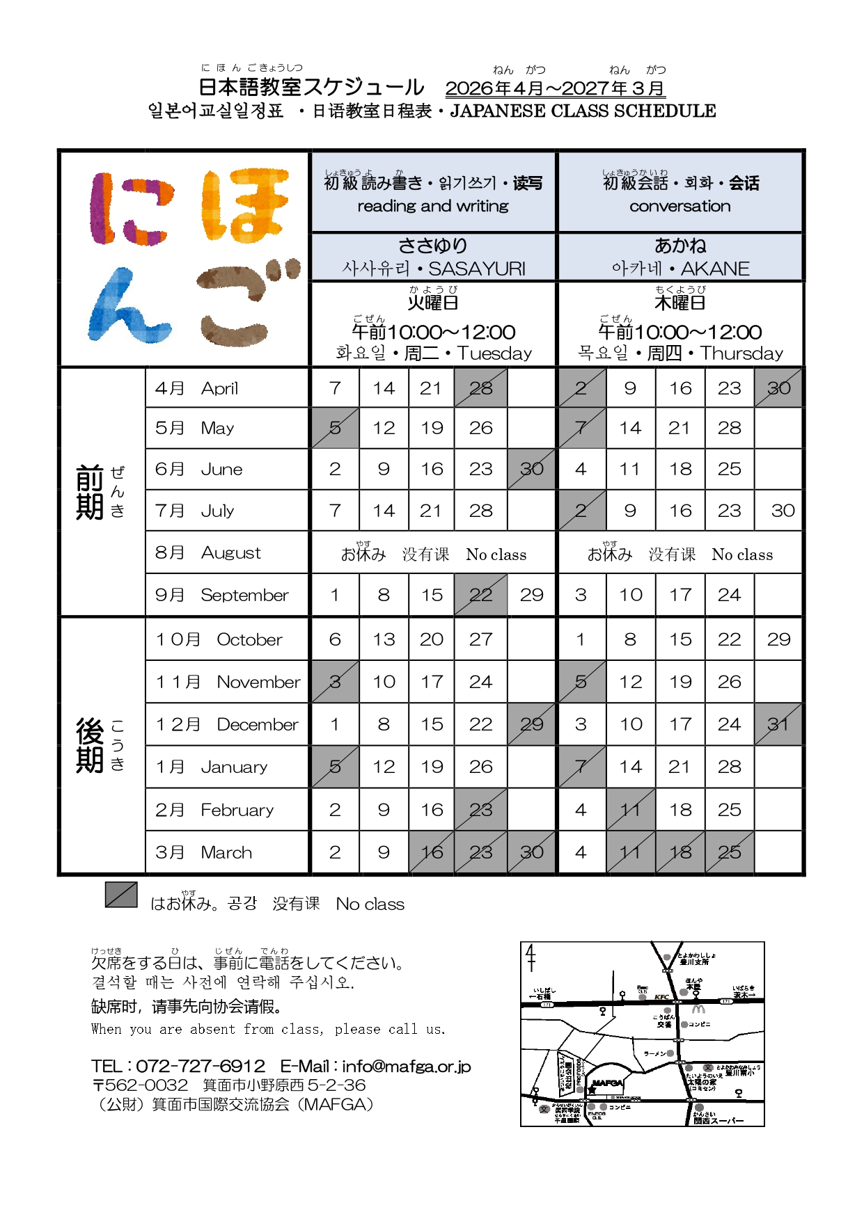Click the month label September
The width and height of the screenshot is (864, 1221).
[x=244, y=595]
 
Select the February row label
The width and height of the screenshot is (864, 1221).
[x=237, y=810]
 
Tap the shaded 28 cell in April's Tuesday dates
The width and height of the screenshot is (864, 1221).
[x=480, y=388]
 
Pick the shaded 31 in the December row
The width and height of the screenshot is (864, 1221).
[x=778, y=724]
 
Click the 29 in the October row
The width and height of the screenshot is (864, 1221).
[x=778, y=639]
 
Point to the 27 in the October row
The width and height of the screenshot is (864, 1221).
[x=480, y=639]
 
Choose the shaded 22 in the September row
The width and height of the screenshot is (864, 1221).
[x=480, y=595]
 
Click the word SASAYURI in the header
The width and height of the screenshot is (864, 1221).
[x=477, y=269]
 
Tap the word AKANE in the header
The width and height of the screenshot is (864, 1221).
[x=715, y=269]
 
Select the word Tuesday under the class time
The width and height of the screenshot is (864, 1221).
[x=494, y=353]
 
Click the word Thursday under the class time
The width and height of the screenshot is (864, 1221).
[x=741, y=353]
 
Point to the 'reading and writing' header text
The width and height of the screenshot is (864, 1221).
[x=433, y=206]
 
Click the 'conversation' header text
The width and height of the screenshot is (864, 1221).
[x=680, y=206]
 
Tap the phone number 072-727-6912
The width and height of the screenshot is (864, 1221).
[x=201, y=1066]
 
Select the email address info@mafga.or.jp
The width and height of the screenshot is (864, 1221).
[x=407, y=1066]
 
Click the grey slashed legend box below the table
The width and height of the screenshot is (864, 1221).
[x=121, y=895]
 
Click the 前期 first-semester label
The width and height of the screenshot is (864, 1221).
[x=90, y=492]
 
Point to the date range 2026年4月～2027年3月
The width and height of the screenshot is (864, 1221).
[x=555, y=88]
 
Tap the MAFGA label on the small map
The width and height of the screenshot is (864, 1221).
[x=607, y=1083]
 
